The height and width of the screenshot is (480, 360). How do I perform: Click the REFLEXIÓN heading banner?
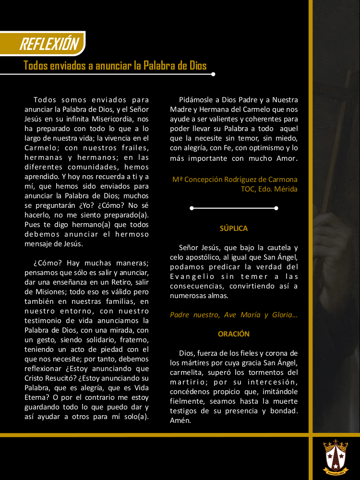[48, 44]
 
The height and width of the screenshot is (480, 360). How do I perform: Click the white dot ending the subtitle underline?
[213, 74]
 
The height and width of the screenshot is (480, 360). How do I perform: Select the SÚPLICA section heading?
[234, 228]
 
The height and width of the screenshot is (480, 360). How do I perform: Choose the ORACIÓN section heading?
[234, 334]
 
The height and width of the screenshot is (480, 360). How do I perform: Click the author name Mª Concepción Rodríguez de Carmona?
[235, 180]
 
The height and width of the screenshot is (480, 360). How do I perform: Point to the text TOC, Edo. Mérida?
[269, 189]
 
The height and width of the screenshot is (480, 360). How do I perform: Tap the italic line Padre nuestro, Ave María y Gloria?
[234, 315]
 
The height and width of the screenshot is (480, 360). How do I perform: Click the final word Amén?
[180, 420]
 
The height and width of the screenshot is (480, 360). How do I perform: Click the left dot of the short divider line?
[192, 208]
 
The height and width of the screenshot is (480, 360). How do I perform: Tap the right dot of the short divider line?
[276, 208]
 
